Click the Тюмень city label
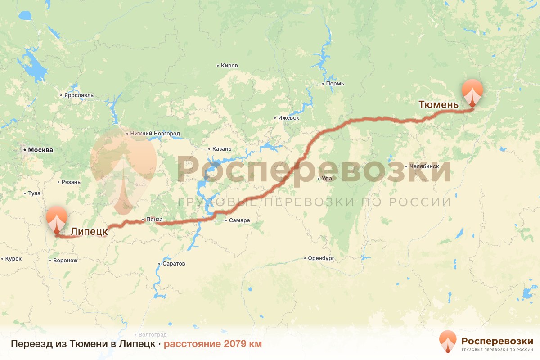[x=438, y=105]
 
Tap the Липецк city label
[x=89, y=231]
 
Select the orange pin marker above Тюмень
[x=472, y=92]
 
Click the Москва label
[x=40, y=150]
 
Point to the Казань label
[x=222, y=149]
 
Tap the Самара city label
[x=239, y=220]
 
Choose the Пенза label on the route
[x=154, y=220]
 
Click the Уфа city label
[x=326, y=179]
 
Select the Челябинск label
[x=424, y=166]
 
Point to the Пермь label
[x=335, y=84]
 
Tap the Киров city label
[x=229, y=66]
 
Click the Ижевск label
[x=288, y=118]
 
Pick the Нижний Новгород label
[x=155, y=134]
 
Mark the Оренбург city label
[x=321, y=259]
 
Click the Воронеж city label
[x=65, y=261]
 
